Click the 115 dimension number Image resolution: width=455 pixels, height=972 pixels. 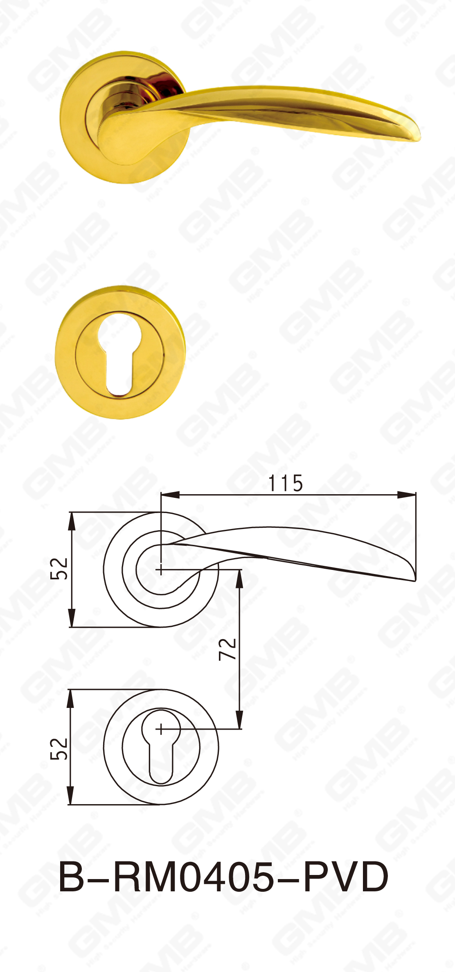(x=286, y=483)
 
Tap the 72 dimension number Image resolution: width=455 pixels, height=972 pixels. (x=227, y=649)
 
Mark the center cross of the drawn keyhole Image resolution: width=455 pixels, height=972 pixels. (x=161, y=729)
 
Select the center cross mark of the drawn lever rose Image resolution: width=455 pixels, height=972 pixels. (x=161, y=569)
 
